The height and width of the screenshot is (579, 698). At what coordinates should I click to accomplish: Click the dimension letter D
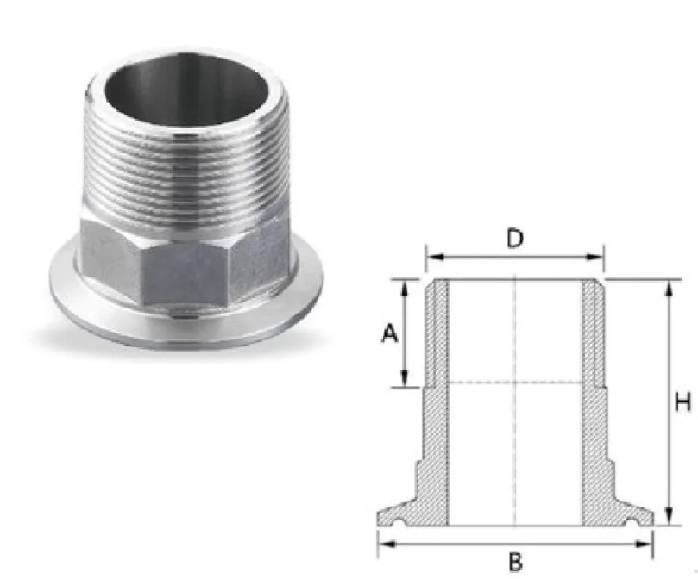point(515,239)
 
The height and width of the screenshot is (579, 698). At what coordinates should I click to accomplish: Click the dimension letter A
point(389,333)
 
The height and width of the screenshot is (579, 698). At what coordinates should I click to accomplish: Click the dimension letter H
point(682,402)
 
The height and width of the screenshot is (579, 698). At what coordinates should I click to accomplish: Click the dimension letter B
point(515,562)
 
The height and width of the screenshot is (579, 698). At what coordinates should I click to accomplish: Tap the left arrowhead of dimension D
point(435,257)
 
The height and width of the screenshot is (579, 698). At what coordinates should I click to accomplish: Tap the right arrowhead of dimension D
point(595,257)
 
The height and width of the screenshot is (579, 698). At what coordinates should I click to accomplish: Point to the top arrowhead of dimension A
point(404,288)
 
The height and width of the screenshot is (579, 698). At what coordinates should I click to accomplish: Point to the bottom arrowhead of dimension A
point(404,379)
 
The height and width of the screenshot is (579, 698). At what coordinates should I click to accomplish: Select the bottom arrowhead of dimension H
point(668,517)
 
